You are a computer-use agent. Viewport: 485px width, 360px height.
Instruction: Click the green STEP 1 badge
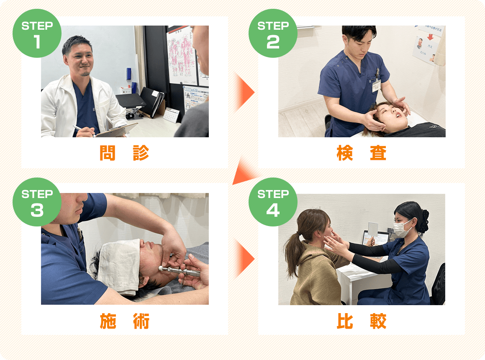(37, 33)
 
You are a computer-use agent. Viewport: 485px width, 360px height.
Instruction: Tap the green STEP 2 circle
(273, 33)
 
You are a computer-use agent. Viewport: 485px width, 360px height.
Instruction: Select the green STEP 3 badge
(37, 202)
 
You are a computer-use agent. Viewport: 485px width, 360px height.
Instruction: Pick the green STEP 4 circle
(273, 202)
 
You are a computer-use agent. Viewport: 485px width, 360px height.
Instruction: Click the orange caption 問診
(124, 153)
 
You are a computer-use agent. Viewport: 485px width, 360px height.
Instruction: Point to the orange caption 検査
(361, 153)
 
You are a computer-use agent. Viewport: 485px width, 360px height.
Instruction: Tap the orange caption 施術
(124, 321)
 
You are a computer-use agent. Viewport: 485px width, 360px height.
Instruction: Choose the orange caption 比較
(361, 321)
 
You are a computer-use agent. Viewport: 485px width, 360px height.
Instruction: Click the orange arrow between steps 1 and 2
(244, 92)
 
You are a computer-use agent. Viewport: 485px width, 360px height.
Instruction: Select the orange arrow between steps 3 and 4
(244, 258)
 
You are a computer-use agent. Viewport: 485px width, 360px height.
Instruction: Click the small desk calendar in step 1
(171, 115)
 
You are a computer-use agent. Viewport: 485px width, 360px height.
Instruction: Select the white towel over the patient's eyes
(119, 266)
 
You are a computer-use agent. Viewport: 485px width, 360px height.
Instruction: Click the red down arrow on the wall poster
(430, 37)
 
